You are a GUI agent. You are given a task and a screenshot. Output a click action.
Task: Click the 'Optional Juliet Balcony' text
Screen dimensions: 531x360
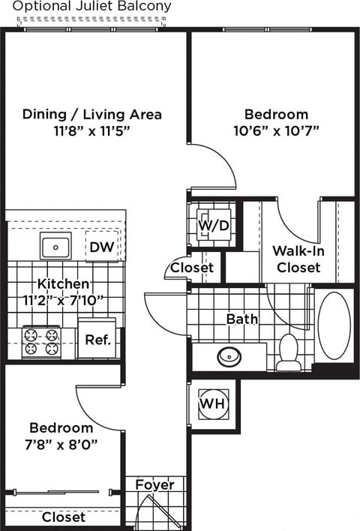(92, 7)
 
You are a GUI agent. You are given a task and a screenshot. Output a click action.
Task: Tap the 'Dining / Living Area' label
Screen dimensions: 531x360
(92, 115)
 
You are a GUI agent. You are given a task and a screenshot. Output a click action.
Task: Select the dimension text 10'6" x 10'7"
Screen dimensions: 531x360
(276, 130)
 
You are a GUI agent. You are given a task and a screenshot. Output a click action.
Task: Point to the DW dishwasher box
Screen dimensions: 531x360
(101, 247)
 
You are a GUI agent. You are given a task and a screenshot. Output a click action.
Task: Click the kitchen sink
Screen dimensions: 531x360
(55, 246)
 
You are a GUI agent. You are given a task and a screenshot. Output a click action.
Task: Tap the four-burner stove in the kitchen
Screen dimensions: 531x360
(41, 341)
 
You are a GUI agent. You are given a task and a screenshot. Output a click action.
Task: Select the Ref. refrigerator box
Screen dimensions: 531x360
(97, 340)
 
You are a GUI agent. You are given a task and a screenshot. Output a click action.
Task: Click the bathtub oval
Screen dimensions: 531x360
(334, 324)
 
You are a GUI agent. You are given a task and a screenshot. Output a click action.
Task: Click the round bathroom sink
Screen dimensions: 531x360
(231, 355)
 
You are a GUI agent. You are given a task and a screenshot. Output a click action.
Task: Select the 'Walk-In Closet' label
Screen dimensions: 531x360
(298, 259)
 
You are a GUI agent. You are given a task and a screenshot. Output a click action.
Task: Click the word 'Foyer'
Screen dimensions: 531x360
(154, 484)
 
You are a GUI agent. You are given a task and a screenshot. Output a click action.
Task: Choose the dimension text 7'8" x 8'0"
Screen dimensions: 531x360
(62, 443)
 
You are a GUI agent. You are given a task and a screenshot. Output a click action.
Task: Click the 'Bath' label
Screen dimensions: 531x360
(242, 319)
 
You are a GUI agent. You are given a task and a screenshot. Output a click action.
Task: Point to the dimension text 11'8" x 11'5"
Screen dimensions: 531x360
(92, 130)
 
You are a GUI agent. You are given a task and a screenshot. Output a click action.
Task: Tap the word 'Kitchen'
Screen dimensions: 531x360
(64, 285)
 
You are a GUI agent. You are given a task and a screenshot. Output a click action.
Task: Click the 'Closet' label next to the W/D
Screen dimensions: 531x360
(192, 268)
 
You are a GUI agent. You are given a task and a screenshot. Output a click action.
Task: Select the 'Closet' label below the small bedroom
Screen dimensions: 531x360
(63, 517)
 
